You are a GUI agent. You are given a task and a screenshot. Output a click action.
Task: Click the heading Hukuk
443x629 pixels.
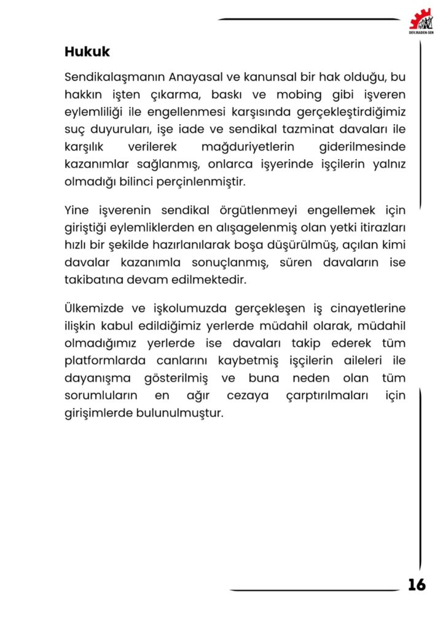click(87, 52)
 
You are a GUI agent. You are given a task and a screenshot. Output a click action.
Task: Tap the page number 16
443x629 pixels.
click(416, 585)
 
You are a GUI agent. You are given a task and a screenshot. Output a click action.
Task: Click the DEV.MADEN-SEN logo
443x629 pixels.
click(421, 21)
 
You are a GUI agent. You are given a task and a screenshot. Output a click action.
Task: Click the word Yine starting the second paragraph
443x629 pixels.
click(77, 211)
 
